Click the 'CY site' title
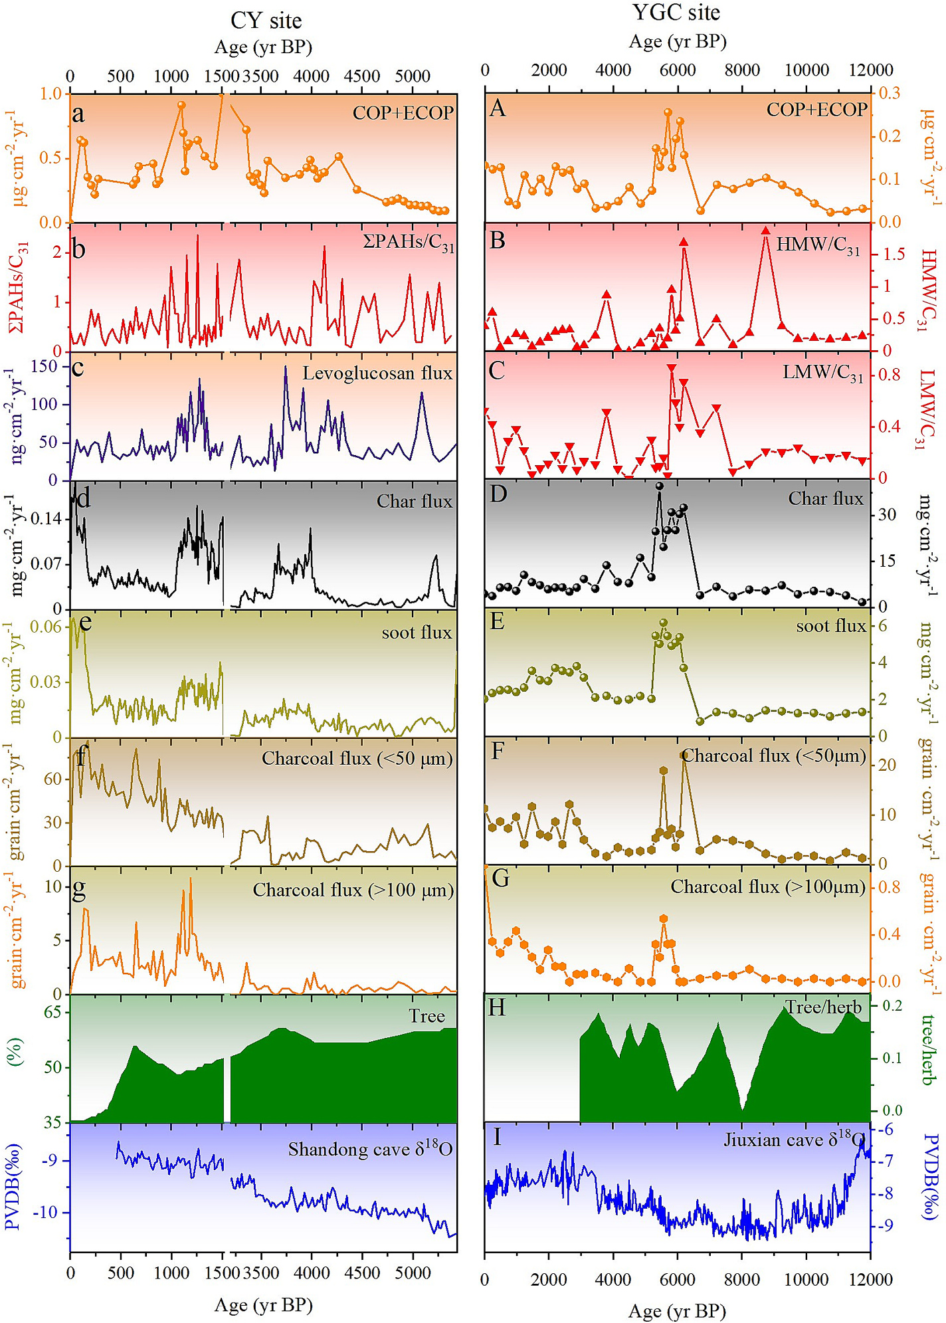pyautogui.click(x=266, y=21)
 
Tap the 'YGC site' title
pyautogui.click(x=676, y=13)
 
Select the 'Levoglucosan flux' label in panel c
pyautogui.click(x=377, y=373)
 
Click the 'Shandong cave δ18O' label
pyautogui.click(x=370, y=1149)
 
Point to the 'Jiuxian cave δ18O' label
pyautogui.click(x=792, y=1140)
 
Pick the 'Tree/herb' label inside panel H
pyautogui.click(x=823, y=1007)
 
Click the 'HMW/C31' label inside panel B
pyautogui.click(x=818, y=246)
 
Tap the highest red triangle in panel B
pyautogui.click(x=765, y=231)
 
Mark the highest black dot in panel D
pyautogui.click(x=659, y=486)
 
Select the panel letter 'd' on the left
pyautogui.click(x=83, y=498)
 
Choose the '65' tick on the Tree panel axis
pyautogui.click(x=52, y=1012)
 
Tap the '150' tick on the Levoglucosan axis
pyautogui.click(x=45, y=366)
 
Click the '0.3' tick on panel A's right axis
pyautogui.click(x=890, y=93)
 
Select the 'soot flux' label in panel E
pyautogui.click(x=830, y=626)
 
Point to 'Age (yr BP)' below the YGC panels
pyautogui.click(x=677, y=1310)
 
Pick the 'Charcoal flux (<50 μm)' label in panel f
pyautogui.click(x=357, y=758)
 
